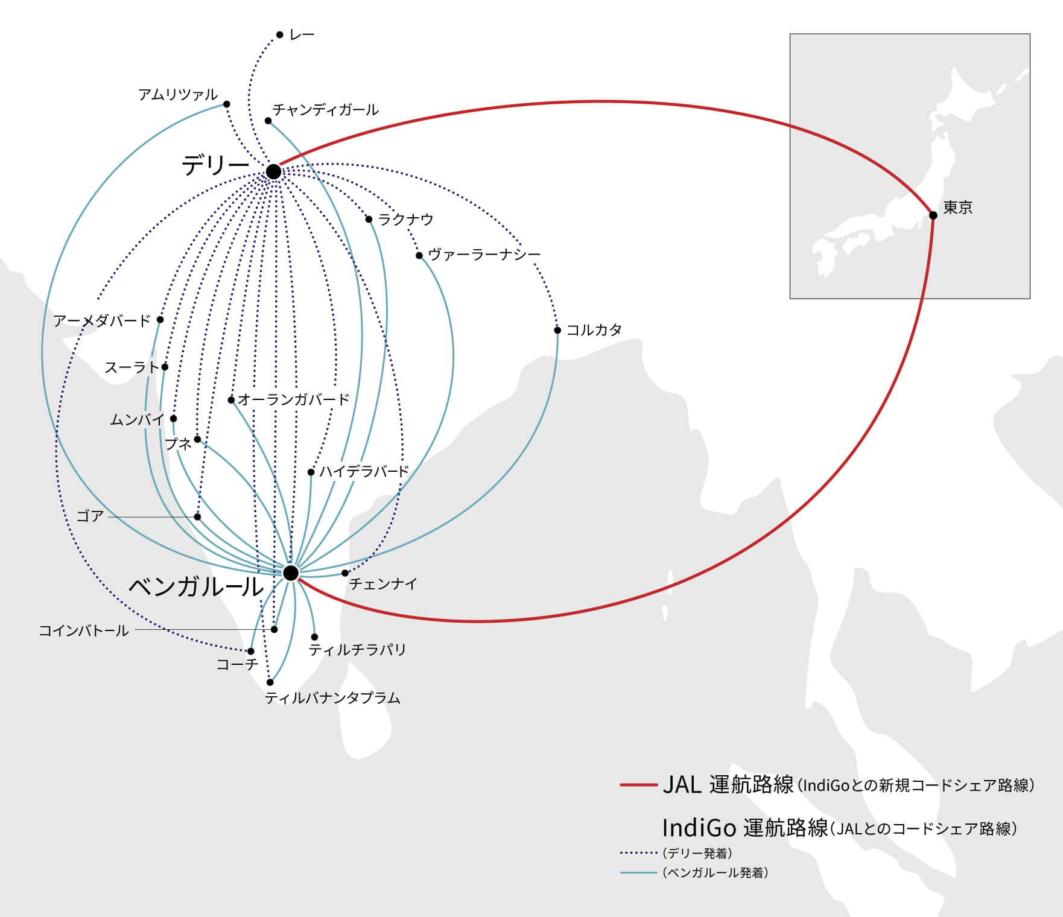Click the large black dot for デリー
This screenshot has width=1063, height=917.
[273, 171]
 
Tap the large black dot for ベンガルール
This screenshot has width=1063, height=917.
[291, 573]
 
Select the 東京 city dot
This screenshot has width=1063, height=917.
[933, 215]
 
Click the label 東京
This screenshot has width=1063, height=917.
[958, 208]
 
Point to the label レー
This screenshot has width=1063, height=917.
[302, 35]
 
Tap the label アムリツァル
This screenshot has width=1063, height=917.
[178, 94]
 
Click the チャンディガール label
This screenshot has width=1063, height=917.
[325, 110]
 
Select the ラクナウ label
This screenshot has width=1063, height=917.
[406, 219]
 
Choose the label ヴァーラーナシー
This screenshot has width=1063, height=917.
[484, 255]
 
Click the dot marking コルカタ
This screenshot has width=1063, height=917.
[557, 330]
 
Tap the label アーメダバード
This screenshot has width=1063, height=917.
[101, 320]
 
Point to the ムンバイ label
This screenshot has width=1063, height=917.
[137, 419]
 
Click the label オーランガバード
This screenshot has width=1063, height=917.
[294, 399]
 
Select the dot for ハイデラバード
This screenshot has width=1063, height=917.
[311, 472]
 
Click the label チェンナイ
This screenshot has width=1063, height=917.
[383, 583]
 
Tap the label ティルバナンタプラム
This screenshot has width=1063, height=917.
[332, 698]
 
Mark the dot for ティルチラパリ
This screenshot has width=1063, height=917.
[314, 637]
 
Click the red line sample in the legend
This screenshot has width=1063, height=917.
[638, 785]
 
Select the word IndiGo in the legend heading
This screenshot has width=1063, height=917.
[699, 828]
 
